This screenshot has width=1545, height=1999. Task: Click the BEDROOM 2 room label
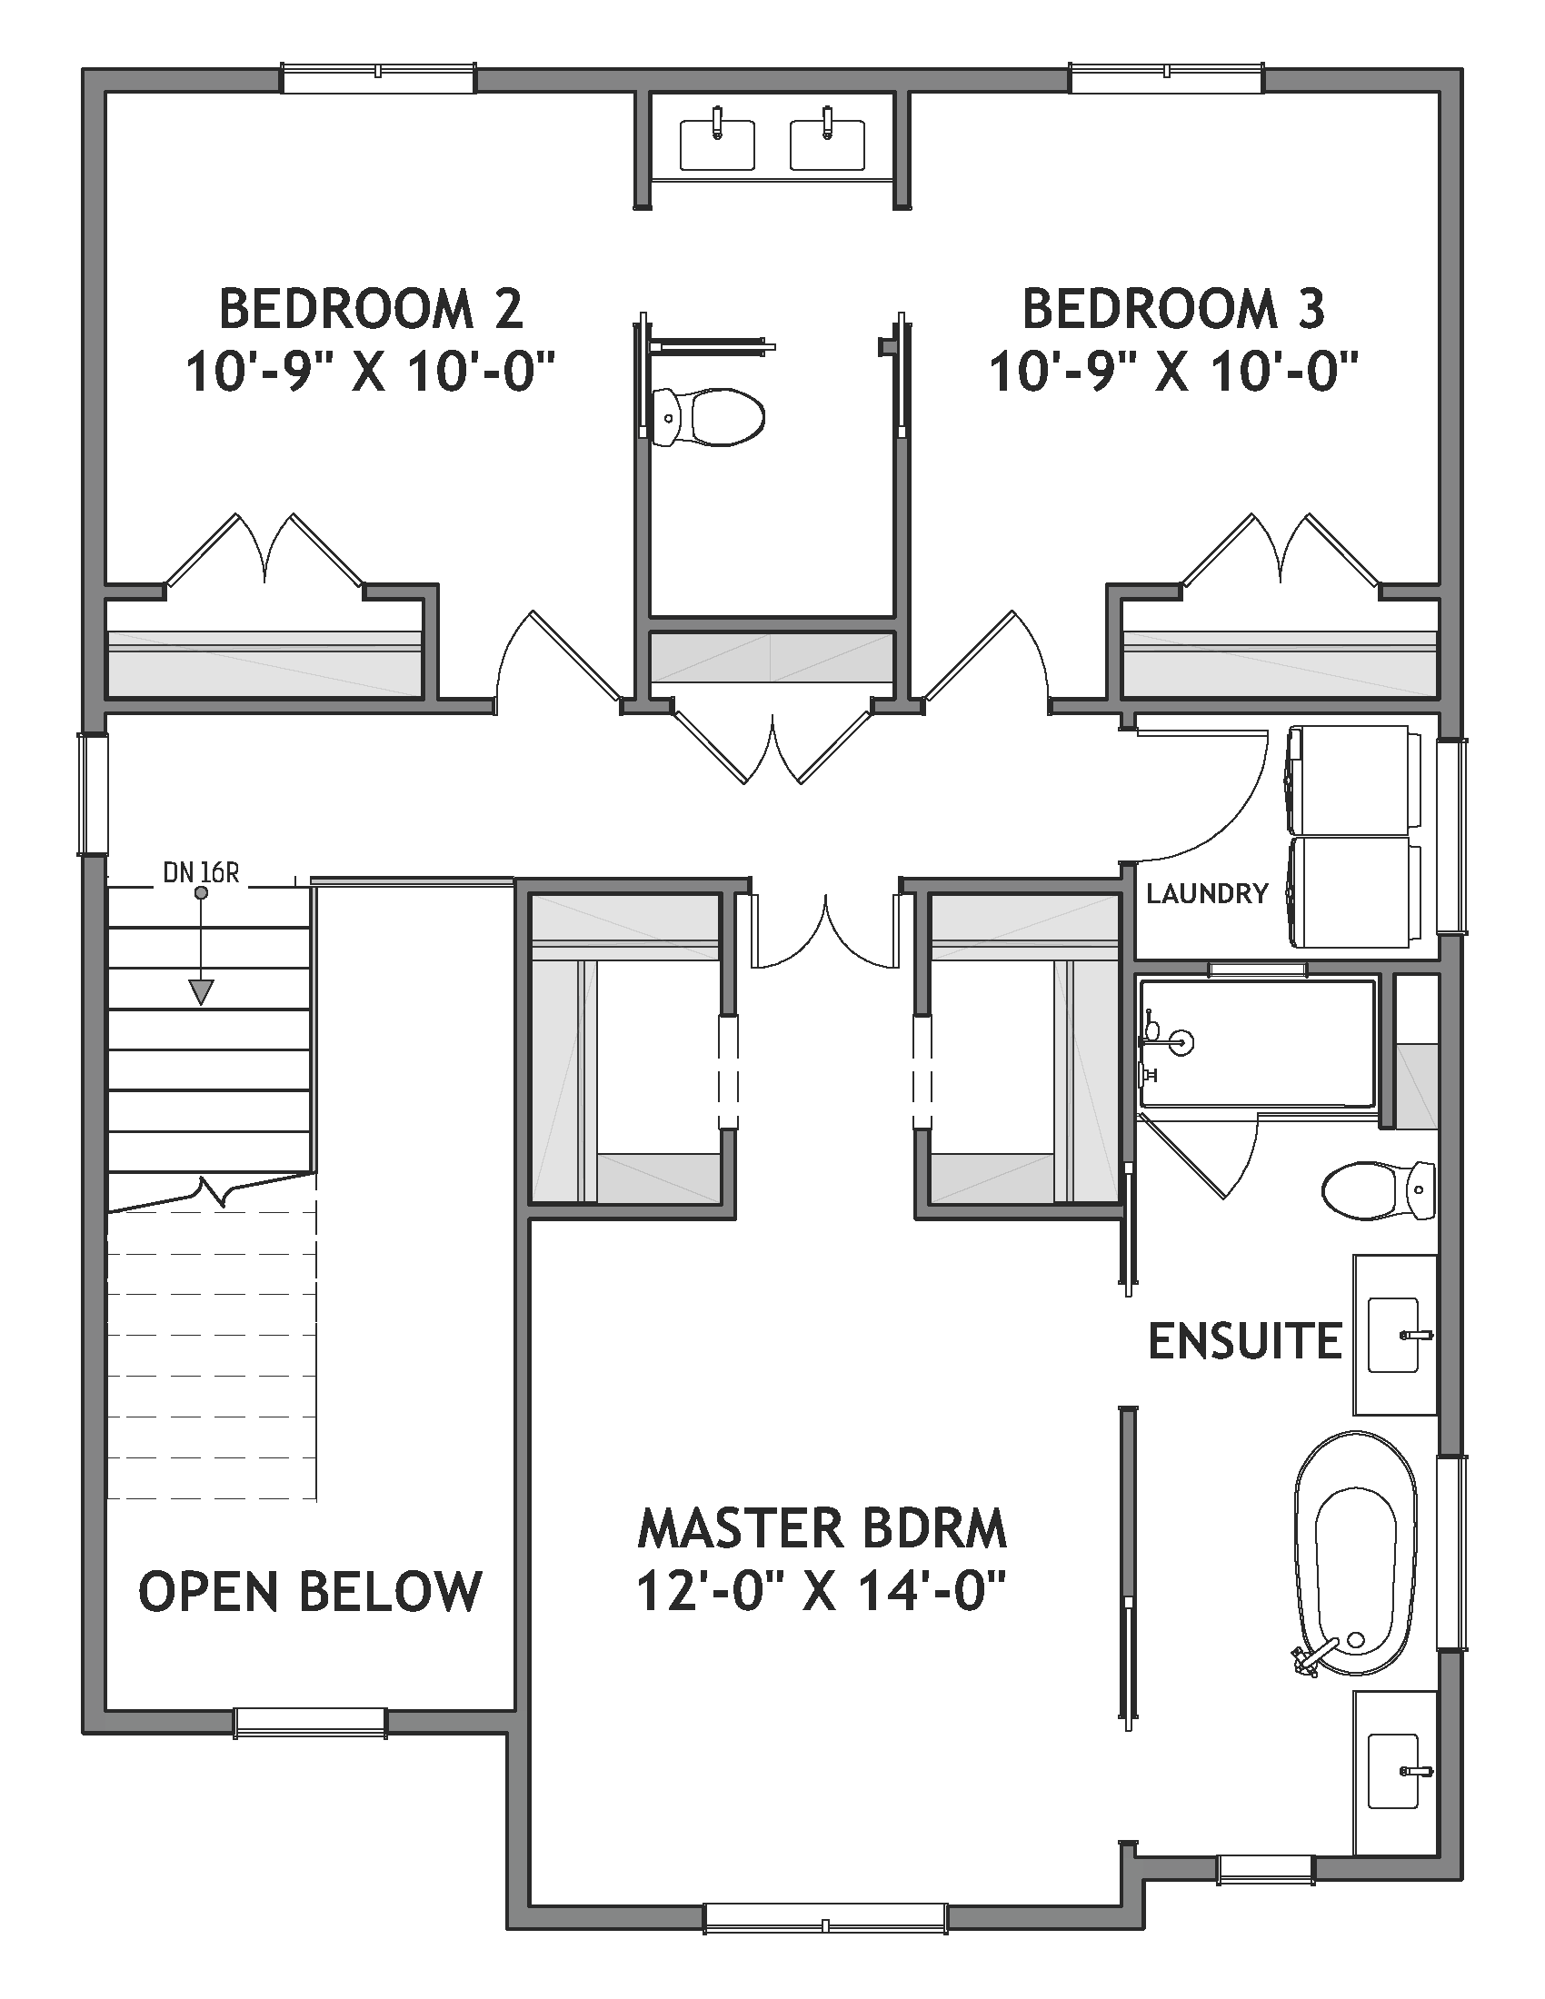click(370, 308)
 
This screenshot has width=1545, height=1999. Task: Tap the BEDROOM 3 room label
click(1173, 308)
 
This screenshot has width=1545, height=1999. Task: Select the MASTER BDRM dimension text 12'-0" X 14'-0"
click(821, 1591)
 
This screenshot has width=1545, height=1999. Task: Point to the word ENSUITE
click(1244, 1342)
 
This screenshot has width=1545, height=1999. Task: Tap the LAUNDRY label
click(1207, 893)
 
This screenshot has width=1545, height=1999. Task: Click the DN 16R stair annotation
click(201, 873)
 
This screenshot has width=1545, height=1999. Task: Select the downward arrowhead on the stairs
click(201, 991)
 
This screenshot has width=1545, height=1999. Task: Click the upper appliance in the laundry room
click(1353, 779)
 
